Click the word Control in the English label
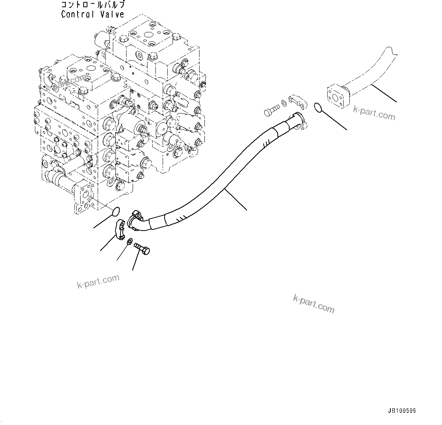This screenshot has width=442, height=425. pyautogui.click(x=77, y=15)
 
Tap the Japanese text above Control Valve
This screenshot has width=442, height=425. pyautogui.click(x=93, y=5)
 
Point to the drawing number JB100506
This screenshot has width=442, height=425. pyautogui.click(x=402, y=411)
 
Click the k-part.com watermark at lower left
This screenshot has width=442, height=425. pyautogui.click(x=98, y=281)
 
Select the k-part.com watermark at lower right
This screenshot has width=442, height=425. pyautogui.click(x=314, y=303)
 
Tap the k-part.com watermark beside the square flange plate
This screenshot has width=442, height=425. pyautogui.click(x=374, y=113)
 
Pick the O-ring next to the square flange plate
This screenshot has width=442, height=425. pyautogui.click(x=318, y=108)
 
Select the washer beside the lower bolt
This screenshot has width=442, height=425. pyautogui.click(x=130, y=241)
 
